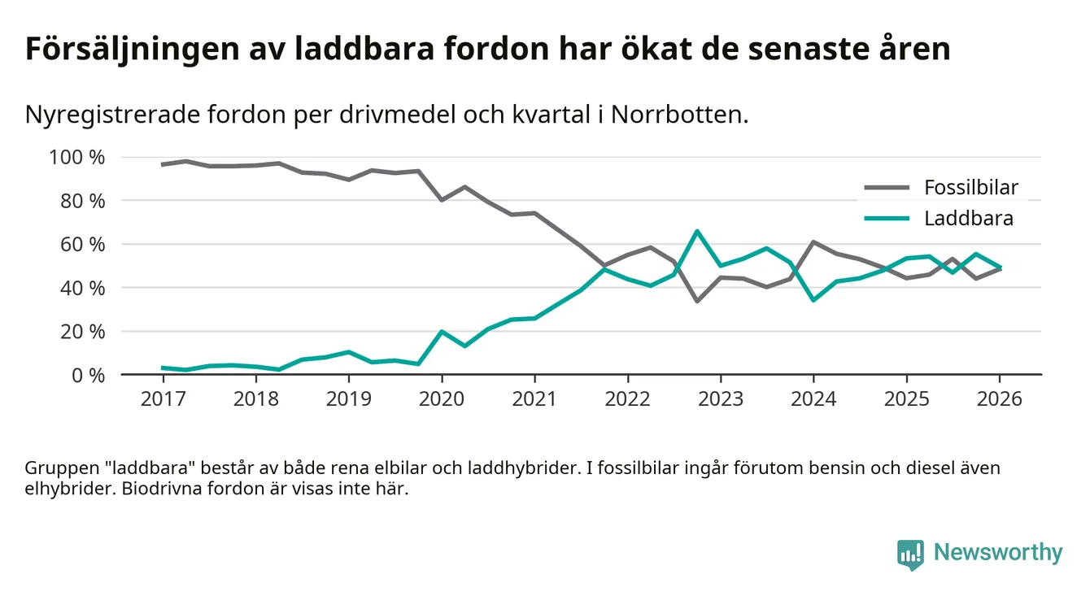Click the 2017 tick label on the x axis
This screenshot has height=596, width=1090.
(x=163, y=399)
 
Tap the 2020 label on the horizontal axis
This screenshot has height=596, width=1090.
(x=442, y=399)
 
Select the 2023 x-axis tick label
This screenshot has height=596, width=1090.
(x=720, y=399)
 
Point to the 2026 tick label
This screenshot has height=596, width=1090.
(x=1000, y=399)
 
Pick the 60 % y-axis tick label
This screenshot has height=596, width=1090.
(x=85, y=244)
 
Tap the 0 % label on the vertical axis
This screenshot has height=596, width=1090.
(x=89, y=375)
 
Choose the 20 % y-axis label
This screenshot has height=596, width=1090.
(x=85, y=331)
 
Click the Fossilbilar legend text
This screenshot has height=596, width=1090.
(x=970, y=188)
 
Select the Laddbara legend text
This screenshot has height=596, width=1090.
(x=968, y=218)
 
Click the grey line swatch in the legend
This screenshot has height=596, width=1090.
(x=886, y=188)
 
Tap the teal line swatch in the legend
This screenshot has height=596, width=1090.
(x=886, y=218)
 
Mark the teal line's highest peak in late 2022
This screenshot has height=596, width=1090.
(x=697, y=231)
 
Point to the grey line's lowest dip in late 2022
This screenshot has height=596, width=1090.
(x=697, y=301)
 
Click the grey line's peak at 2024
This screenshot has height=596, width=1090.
(x=813, y=242)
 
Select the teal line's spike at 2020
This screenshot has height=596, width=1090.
(x=442, y=332)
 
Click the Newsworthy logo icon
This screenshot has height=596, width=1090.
(x=910, y=553)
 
